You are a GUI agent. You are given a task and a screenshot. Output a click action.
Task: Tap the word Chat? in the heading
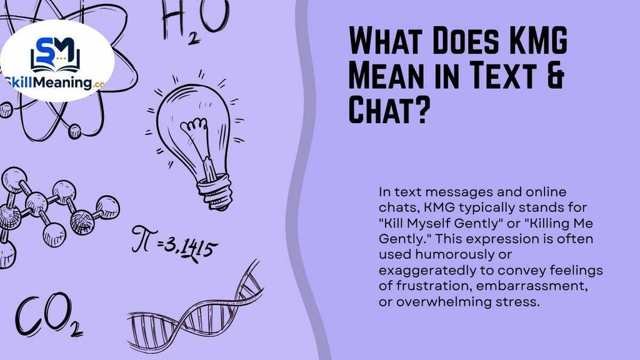pyautogui.click(x=389, y=109)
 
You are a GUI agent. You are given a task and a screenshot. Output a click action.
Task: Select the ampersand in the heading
pyautogui.click(x=555, y=75)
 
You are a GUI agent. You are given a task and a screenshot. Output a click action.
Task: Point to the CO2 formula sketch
pyautogui.click(x=49, y=315)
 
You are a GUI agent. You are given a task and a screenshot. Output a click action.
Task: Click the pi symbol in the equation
pyautogui.click(x=143, y=239)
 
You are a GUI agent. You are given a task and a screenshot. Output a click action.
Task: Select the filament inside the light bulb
pyautogui.click(x=200, y=143)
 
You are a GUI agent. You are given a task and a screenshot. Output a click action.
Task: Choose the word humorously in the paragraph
pyautogui.click(x=463, y=254)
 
